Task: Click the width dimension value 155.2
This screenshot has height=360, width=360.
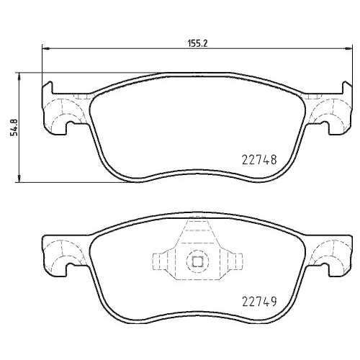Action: click(199, 42)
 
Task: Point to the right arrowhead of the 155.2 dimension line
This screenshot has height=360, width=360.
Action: click(348, 49)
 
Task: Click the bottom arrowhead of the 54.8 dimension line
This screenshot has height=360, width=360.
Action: click(19, 180)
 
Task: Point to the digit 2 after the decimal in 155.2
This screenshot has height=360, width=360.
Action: click(205, 42)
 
